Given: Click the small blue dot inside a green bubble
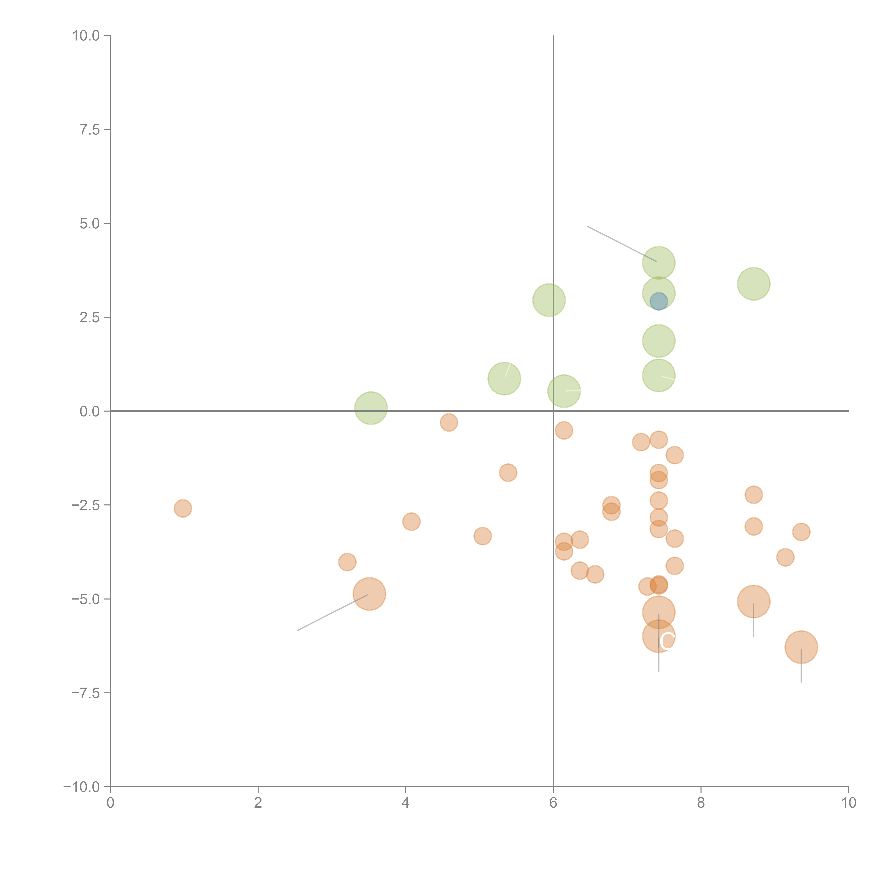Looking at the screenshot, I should [658, 301].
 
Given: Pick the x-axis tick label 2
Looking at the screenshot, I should [258, 803].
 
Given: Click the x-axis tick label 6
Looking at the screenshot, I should [553, 803].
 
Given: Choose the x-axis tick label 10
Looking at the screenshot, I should [848, 803].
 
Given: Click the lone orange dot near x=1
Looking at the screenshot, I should [183, 508].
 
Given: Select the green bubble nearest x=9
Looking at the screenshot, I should [754, 284].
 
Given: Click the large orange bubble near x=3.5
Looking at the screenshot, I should [369, 594].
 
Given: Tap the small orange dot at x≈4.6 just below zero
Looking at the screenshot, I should [449, 422].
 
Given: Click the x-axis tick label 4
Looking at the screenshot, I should [405, 803].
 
